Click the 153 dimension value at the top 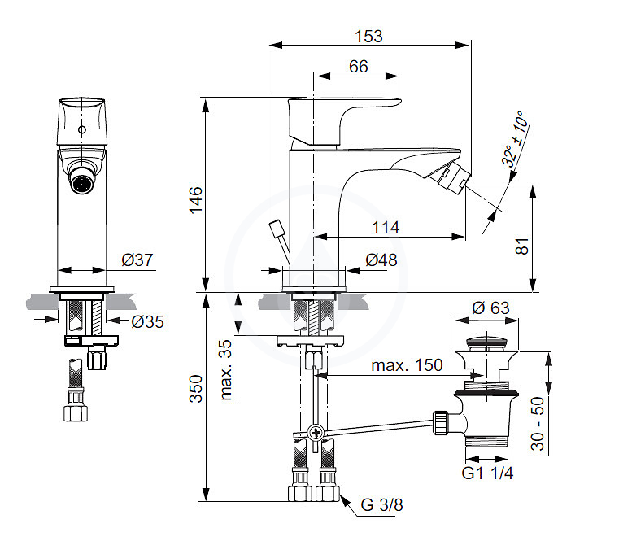[368, 37]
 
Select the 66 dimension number [359, 67]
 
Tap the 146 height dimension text [196, 200]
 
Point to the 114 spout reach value [386, 228]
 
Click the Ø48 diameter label [381, 260]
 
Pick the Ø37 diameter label [137, 260]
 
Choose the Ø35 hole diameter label [147, 322]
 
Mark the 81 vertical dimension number [522, 246]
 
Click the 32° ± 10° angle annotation [515, 139]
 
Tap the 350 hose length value [196, 389]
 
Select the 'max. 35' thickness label [226, 369]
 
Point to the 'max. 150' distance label [407, 365]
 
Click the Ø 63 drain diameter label [490, 308]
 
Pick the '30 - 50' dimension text [538, 423]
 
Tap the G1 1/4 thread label [487, 473]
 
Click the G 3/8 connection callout [381, 505]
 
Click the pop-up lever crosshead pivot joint [316, 434]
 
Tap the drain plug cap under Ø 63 [487, 342]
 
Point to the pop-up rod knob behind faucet [277, 229]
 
